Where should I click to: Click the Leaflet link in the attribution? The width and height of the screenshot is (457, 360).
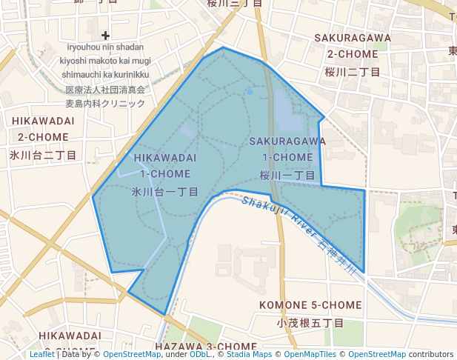42,354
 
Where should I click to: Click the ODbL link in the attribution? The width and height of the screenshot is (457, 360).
200,354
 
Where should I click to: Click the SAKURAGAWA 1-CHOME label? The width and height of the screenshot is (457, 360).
287,148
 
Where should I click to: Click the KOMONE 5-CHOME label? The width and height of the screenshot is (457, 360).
310,305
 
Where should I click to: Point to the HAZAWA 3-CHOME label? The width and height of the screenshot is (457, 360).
206,347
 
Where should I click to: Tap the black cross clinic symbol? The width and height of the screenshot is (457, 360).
105,35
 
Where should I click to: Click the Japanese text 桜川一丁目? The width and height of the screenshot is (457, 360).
287,176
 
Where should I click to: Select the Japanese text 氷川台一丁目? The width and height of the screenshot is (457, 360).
165,192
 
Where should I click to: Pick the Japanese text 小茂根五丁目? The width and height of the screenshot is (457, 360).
310,323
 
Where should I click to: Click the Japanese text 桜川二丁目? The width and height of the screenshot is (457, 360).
353,72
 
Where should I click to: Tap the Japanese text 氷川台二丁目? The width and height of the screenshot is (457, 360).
43,155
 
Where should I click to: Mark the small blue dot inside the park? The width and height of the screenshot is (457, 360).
250,92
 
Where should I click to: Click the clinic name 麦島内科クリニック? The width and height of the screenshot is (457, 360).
105,104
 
